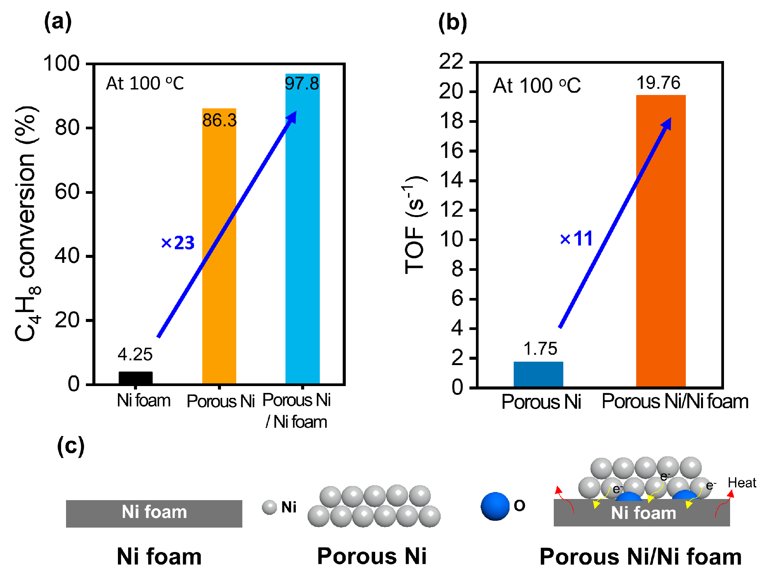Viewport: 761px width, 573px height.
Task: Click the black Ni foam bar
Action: point(135,378)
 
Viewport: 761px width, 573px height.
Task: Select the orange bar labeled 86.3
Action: point(219,248)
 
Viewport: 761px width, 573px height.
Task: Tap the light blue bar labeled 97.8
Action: point(302,229)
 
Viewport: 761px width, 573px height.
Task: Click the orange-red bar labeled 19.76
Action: point(661,240)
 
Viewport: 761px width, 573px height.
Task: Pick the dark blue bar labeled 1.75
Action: point(538,374)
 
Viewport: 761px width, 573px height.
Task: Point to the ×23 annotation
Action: point(178,243)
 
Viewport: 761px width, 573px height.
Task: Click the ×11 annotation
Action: point(576,239)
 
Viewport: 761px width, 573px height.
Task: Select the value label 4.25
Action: point(135,354)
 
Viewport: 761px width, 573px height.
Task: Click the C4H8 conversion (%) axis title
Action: point(27,223)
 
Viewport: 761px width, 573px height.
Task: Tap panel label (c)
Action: point(71,446)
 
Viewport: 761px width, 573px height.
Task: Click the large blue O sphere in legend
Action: point(495,506)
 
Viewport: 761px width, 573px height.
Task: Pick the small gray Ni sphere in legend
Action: point(269,507)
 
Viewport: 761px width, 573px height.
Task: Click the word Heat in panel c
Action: point(742,483)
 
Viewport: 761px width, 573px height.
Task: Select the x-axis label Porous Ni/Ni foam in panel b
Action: point(675,401)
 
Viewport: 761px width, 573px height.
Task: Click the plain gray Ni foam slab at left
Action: point(154,513)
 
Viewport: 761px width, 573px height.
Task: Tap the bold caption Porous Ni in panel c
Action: point(372,556)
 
